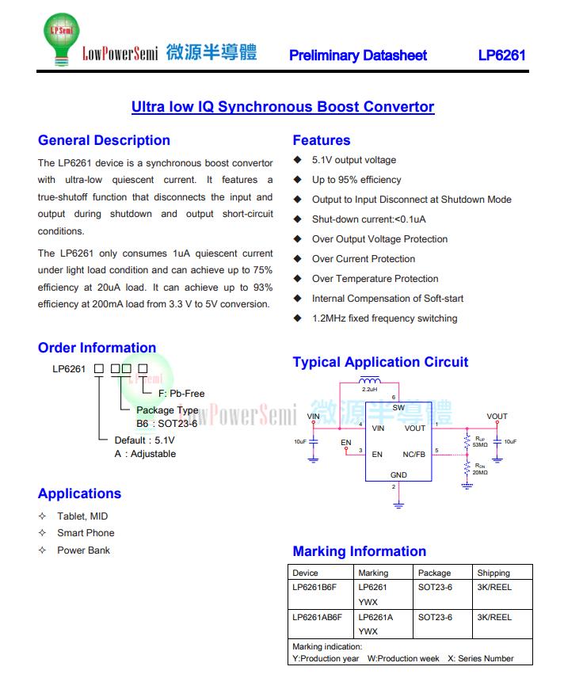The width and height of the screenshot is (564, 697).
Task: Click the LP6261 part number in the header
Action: (x=501, y=55)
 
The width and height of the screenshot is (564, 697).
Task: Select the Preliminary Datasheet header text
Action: (x=358, y=55)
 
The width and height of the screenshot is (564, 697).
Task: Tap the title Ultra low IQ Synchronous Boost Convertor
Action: (x=283, y=107)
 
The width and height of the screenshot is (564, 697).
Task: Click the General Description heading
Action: (x=104, y=140)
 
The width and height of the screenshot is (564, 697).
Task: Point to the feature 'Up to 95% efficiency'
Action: (x=356, y=180)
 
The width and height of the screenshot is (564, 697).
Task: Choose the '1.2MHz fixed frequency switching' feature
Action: (x=384, y=318)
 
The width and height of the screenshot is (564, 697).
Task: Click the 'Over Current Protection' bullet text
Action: (x=364, y=259)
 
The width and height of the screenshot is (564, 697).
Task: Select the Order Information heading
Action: (x=97, y=348)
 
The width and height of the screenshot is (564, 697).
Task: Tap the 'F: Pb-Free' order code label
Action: (x=181, y=393)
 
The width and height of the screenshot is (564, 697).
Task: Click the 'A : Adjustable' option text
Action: (x=145, y=454)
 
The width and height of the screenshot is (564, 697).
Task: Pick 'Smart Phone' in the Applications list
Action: (x=86, y=533)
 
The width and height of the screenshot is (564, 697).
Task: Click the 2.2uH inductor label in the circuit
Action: (x=369, y=390)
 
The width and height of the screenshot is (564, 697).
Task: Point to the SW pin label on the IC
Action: (x=398, y=408)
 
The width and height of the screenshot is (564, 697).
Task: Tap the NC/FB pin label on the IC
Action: (x=413, y=455)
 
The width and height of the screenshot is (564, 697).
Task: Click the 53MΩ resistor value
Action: (x=481, y=445)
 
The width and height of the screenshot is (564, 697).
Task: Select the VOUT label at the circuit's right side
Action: (x=497, y=417)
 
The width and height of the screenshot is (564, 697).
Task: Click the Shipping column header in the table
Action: (x=494, y=573)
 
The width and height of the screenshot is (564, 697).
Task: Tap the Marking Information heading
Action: (x=360, y=551)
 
